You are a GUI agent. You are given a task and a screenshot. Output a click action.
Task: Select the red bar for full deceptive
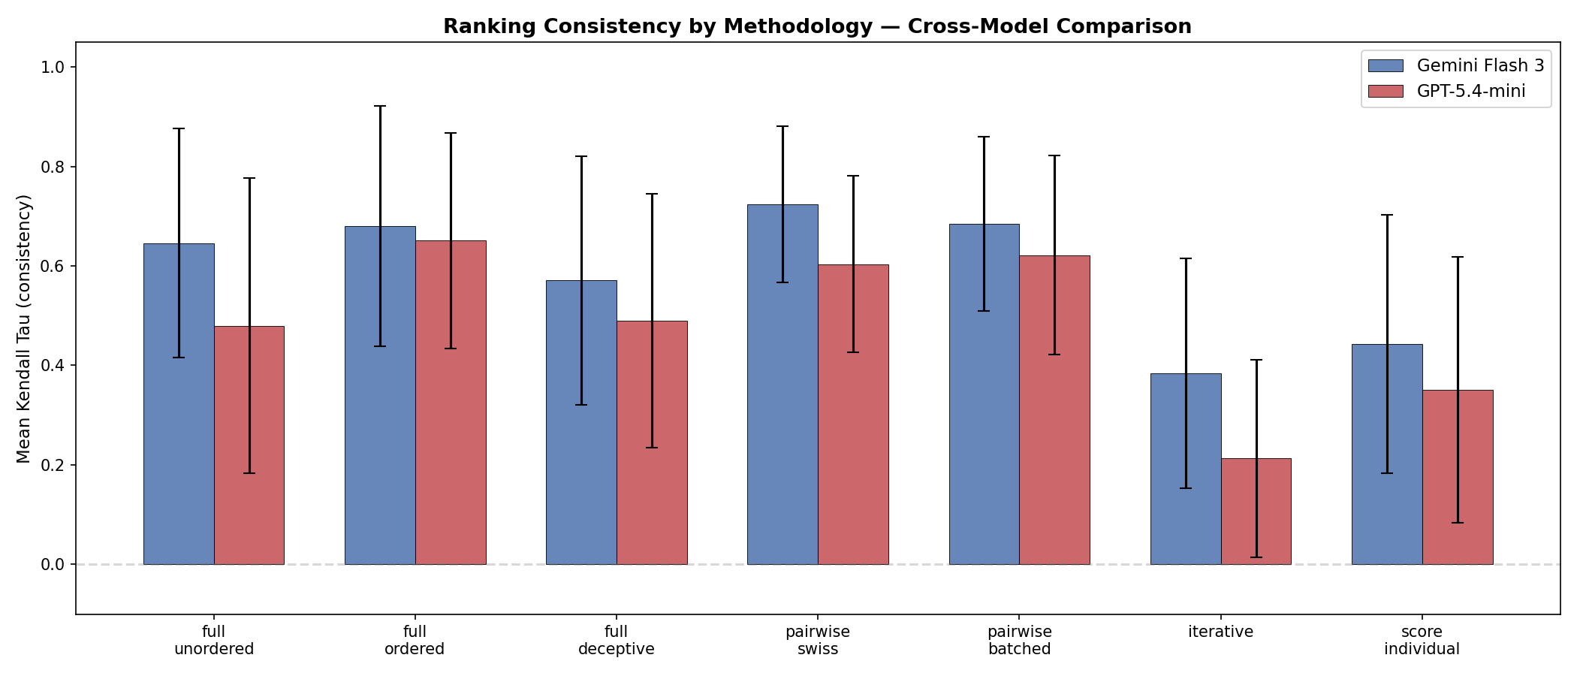pos(652,442)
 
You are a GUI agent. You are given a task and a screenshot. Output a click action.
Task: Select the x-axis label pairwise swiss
pos(818,640)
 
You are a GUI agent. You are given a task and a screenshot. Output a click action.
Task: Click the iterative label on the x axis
pos(1220,632)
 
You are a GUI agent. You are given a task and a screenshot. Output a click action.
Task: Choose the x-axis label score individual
pos(1422,640)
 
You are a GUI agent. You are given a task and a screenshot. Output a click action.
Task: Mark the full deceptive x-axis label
pos(616,640)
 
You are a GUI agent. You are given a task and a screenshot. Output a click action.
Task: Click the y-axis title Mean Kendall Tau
pos(24,329)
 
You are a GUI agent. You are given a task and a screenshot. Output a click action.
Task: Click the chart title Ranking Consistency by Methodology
pos(817,26)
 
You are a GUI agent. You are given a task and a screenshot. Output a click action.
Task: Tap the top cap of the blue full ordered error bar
pos(380,106)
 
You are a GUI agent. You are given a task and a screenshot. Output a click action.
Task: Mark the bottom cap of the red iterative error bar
pos(1256,557)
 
